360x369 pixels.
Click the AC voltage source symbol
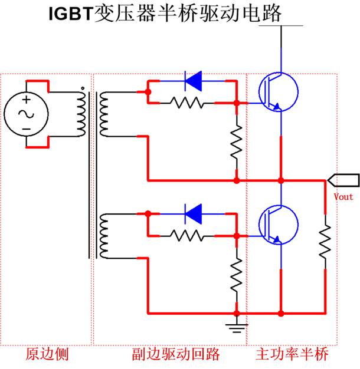point(27,114)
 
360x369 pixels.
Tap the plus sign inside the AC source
point(27,100)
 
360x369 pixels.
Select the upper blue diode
point(193,81)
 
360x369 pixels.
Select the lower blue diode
point(193,214)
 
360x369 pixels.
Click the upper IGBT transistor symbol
point(278,92)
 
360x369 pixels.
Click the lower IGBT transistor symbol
point(278,225)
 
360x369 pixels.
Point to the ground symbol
point(237,328)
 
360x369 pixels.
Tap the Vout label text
point(343,197)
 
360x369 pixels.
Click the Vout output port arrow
point(343,180)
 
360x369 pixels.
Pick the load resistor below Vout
point(325,242)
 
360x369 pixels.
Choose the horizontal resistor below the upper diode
point(187,103)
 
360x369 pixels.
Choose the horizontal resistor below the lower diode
point(187,236)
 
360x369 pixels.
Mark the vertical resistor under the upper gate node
point(237,143)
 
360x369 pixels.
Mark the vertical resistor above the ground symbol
point(237,275)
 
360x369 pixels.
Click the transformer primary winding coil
point(81,112)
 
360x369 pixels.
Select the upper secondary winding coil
point(104,114)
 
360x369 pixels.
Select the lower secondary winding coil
point(104,236)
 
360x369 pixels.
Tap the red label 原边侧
point(47,354)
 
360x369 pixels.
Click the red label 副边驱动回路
point(176,354)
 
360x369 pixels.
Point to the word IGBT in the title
point(71,14)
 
